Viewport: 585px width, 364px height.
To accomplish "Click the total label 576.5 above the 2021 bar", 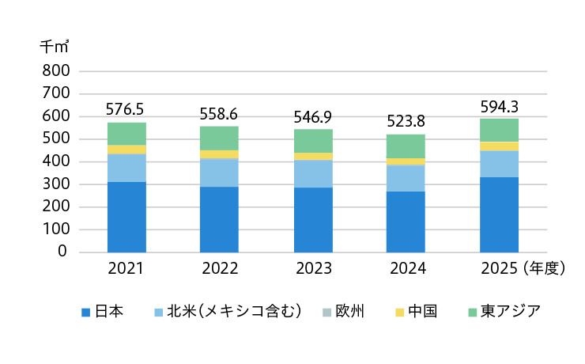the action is pos(125,109).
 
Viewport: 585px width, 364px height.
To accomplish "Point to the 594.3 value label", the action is pos(499,107).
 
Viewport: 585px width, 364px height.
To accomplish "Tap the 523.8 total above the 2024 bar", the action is pos(406,121).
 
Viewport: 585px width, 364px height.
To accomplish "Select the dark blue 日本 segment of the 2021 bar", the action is pos(126,218).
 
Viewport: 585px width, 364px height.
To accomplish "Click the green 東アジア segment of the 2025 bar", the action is pos(499,131).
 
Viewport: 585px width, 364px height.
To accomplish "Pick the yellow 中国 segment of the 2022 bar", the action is pos(220,154).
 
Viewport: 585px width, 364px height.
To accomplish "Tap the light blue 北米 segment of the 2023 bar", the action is pos(313,173).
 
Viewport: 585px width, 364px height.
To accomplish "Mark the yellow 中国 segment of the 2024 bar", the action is pos(406,161).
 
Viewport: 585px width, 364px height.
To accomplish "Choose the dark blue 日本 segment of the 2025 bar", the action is pos(499,214).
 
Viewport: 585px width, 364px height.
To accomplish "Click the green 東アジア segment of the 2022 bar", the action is pos(220,138).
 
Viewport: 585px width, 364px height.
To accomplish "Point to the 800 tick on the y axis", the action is pos(56,70).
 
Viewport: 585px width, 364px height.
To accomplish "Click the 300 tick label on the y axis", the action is pos(56,184).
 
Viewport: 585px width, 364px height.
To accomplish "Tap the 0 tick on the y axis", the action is pos(62,252).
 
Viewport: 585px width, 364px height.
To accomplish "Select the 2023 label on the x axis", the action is pos(314,268).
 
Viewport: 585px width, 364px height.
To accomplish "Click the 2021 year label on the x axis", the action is pos(126,268).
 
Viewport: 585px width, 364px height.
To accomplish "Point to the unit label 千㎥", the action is pos(55,47).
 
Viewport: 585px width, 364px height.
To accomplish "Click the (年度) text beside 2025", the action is pos(545,268).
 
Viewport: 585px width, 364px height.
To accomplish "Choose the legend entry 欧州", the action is pos(349,311).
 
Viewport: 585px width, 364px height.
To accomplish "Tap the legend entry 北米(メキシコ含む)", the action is pos(234,311).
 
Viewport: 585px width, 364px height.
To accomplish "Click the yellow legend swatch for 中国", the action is pos(399,312).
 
